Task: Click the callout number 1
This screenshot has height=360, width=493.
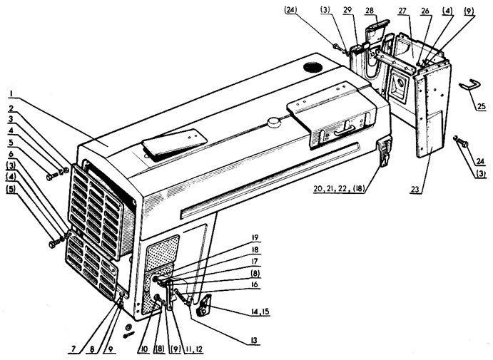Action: (11, 93)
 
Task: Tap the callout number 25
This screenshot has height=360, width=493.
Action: (482, 107)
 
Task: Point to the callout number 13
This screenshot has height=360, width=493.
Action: (254, 341)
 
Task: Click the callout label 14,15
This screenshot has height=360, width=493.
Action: (260, 312)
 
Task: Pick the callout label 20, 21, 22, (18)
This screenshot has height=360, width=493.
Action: (339, 190)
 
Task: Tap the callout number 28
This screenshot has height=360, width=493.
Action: (370, 11)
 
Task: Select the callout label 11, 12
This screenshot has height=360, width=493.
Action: (194, 349)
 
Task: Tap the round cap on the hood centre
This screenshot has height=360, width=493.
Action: (273, 122)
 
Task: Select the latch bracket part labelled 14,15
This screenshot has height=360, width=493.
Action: (204, 305)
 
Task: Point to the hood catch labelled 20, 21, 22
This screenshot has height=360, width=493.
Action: (384, 151)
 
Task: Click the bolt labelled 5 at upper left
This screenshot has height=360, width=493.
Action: (52, 177)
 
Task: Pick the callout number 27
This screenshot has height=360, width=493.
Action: (402, 11)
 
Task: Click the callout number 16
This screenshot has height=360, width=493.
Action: (255, 284)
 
